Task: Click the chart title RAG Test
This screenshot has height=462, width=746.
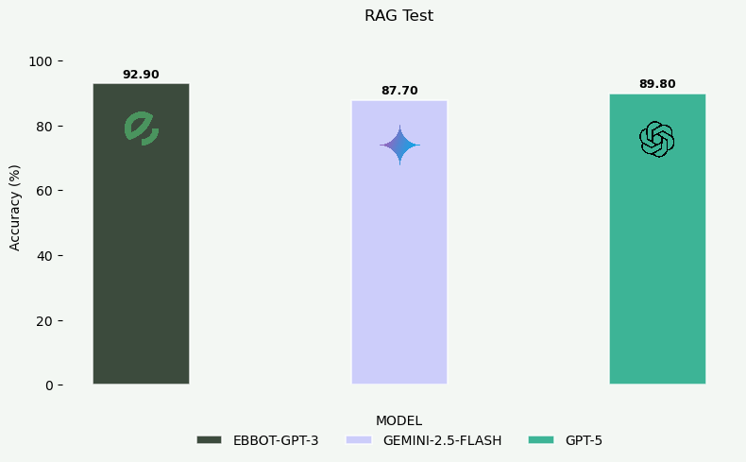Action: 398,16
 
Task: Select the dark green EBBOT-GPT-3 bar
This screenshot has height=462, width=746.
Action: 141,255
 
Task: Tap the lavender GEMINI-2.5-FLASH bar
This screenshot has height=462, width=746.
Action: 398,265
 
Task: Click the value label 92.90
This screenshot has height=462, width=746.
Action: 141,75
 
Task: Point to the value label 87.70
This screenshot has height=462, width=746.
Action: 399,91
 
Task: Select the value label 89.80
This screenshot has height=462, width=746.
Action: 657,84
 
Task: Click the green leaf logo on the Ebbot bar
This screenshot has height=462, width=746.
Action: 141,128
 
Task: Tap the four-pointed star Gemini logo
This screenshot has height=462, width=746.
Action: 399,145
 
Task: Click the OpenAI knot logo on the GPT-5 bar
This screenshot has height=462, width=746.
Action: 656,140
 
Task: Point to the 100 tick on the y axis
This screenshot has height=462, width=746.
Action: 41,61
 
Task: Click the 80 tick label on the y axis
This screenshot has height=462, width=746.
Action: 44,127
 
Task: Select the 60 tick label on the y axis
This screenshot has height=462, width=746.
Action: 44,191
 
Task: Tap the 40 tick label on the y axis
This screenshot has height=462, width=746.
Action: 44,256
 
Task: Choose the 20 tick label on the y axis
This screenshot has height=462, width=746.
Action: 44,320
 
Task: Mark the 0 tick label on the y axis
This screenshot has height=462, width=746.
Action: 48,385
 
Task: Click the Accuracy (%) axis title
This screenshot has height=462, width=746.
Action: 15,207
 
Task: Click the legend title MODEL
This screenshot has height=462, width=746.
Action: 398,420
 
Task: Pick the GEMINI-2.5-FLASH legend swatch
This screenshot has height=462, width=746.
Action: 359,440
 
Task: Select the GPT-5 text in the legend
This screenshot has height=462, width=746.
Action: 584,440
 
